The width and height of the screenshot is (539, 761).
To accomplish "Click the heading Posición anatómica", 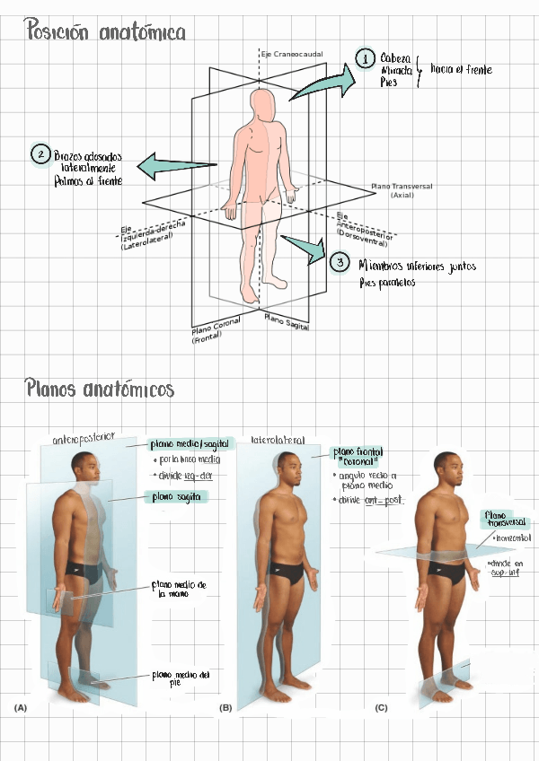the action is pyautogui.click(x=106, y=32).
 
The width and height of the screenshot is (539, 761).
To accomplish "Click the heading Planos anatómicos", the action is pyautogui.click(x=100, y=389).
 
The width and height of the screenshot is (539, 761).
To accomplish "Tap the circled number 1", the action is pyautogui.click(x=364, y=59).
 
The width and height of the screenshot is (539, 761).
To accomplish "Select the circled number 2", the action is pyautogui.click(x=40, y=154).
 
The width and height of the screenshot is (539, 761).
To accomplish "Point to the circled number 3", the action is pyautogui.click(x=339, y=263).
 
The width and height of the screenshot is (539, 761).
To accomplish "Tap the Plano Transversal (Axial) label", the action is pyautogui.click(x=402, y=190).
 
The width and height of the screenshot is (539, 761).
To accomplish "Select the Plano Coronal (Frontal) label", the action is pyautogui.click(x=216, y=333).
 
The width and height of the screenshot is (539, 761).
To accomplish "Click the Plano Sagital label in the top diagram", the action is pyautogui.click(x=287, y=321).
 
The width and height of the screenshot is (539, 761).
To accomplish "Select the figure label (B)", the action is pyautogui.click(x=225, y=708).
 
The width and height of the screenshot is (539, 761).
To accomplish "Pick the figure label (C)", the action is pyautogui.click(x=381, y=708).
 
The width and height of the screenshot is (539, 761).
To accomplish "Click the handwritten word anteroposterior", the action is pyautogui.click(x=84, y=438).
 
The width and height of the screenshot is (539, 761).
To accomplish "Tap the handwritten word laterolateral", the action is pyautogui.click(x=278, y=441).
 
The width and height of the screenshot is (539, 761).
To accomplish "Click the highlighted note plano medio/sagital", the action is pyautogui.click(x=190, y=443).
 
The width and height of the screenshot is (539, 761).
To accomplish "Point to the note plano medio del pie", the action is pyautogui.click(x=182, y=678).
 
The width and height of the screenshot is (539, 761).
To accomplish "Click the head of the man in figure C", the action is pyautogui.click(x=446, y=465).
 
